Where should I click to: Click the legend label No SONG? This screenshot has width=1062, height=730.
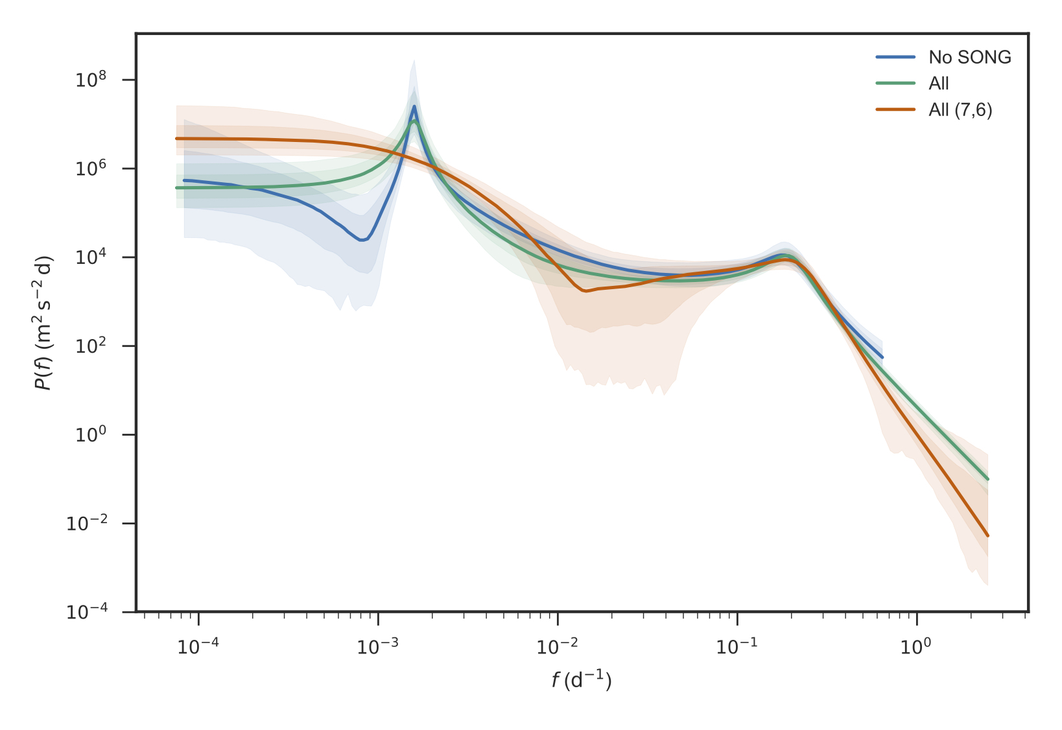[x=969, y=57]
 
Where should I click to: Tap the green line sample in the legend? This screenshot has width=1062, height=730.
[x=895, y=83]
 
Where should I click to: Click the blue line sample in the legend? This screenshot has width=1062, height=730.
[x=895, y=57]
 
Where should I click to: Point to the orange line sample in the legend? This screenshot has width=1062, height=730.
[x=895, y=110]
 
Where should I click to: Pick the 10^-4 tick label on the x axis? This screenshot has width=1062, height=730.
[x=198, y=646]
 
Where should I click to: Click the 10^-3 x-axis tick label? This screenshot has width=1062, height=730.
[x=378, y=646]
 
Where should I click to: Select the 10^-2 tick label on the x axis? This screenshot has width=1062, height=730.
[x=558, y=646]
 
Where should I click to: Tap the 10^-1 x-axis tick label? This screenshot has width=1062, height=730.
[x=737, y=646]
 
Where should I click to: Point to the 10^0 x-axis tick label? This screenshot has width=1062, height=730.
[x=916, y=646]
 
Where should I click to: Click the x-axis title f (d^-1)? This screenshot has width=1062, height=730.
[x=582, y=680]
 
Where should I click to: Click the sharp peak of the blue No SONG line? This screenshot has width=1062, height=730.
[x=414, y=106]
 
